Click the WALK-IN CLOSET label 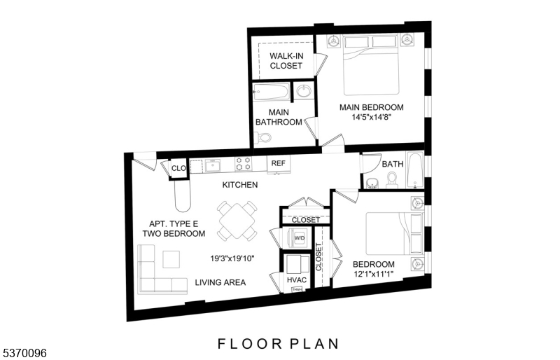(x=286, y=60)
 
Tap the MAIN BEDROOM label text (x=371, y=107)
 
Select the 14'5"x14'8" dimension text (x=371, y=117)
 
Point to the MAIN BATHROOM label (x=279, y=117)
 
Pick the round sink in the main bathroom (x=304, y=91)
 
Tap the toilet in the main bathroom (x=263, y=138)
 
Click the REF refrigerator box (x=279, y=163)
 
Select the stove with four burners (x=243, y=164)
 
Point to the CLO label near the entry (x=178, y=169)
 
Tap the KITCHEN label (x=240, y=185)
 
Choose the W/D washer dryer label (x=299, y=238)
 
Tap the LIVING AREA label (x=220, y=282)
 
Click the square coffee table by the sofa (x=171, y=258)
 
